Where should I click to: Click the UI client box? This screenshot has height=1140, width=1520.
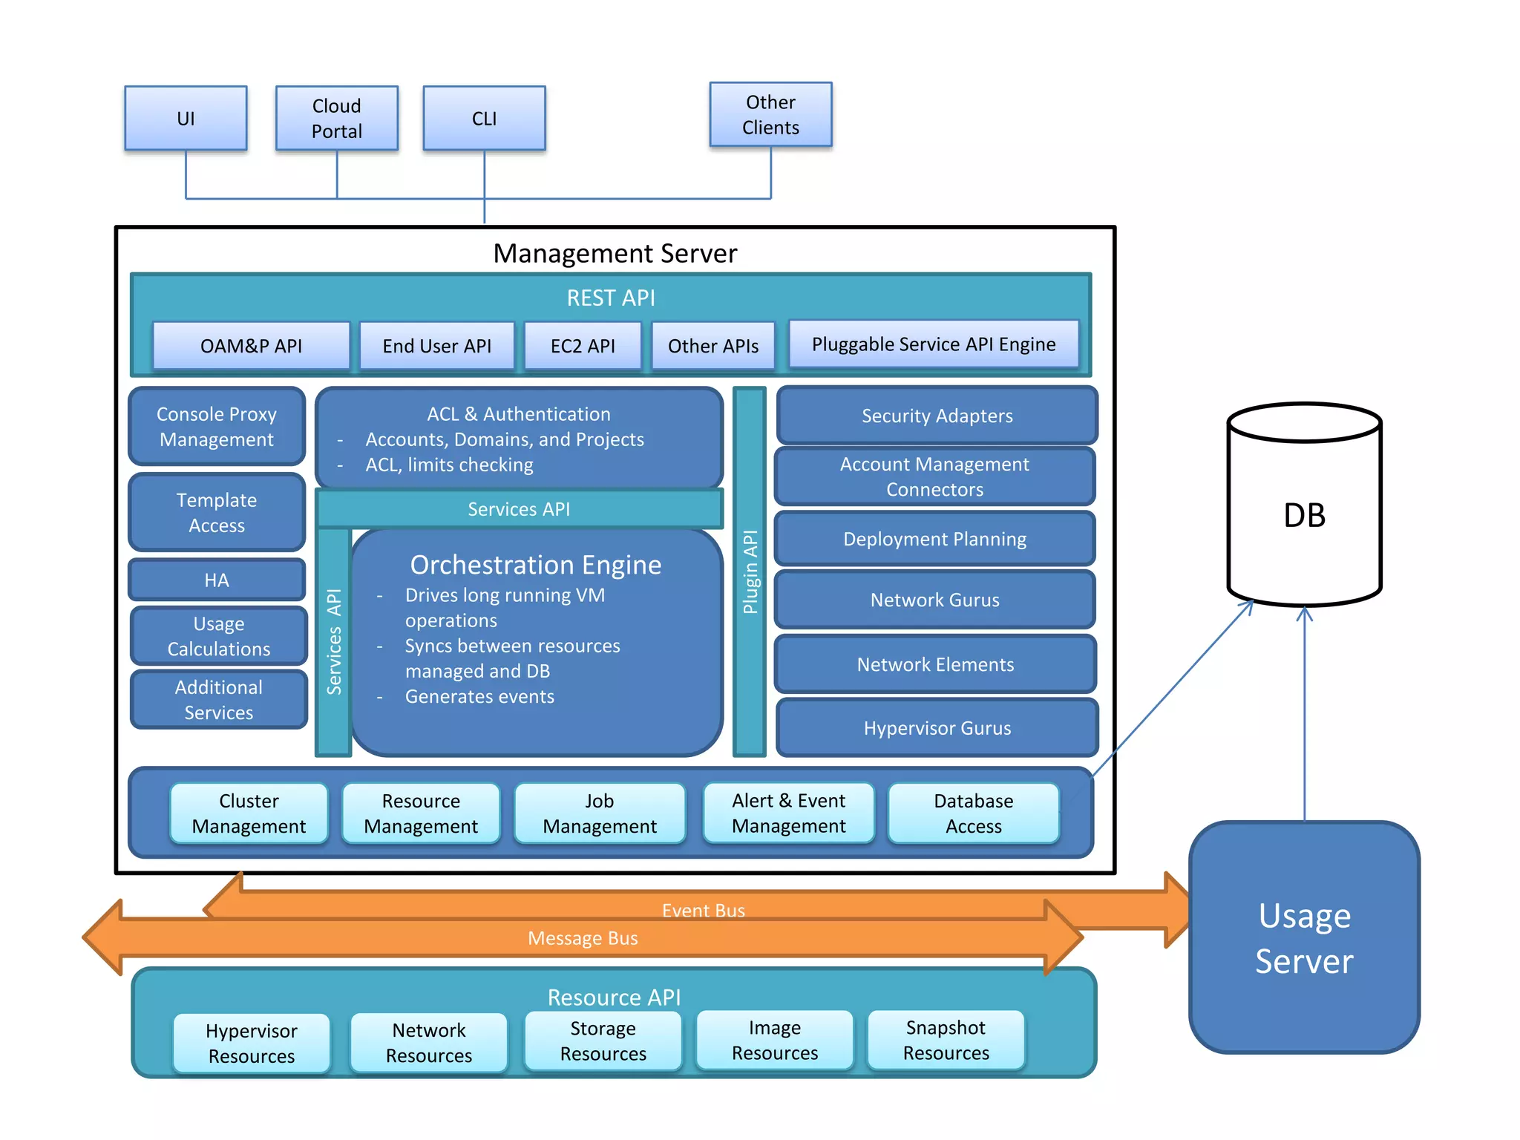186,119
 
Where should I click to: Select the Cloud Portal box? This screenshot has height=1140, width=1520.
336,119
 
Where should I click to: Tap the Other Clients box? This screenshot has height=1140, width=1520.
770,115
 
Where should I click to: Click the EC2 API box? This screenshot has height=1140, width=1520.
583,346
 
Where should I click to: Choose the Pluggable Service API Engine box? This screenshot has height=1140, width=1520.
933,344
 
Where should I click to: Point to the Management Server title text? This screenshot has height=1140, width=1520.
615,254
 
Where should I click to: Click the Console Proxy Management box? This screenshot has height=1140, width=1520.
217,427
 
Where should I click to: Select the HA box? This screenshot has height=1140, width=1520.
217,580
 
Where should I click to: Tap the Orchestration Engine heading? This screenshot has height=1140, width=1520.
535,565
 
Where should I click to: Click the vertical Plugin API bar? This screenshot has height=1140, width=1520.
750,571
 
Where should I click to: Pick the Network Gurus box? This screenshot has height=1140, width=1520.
934,600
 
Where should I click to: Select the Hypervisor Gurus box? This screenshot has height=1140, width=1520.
937,728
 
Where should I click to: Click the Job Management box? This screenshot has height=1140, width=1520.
599,813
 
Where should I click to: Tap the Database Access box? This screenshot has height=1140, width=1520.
973,813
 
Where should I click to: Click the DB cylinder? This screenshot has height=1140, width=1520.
1304,515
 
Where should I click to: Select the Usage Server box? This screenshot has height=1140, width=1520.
1304,937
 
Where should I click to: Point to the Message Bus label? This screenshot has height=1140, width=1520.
583,939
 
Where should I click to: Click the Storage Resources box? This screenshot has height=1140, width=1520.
603,1041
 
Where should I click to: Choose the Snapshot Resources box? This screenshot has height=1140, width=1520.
946,1041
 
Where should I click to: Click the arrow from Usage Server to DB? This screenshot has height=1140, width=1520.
1304,712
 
